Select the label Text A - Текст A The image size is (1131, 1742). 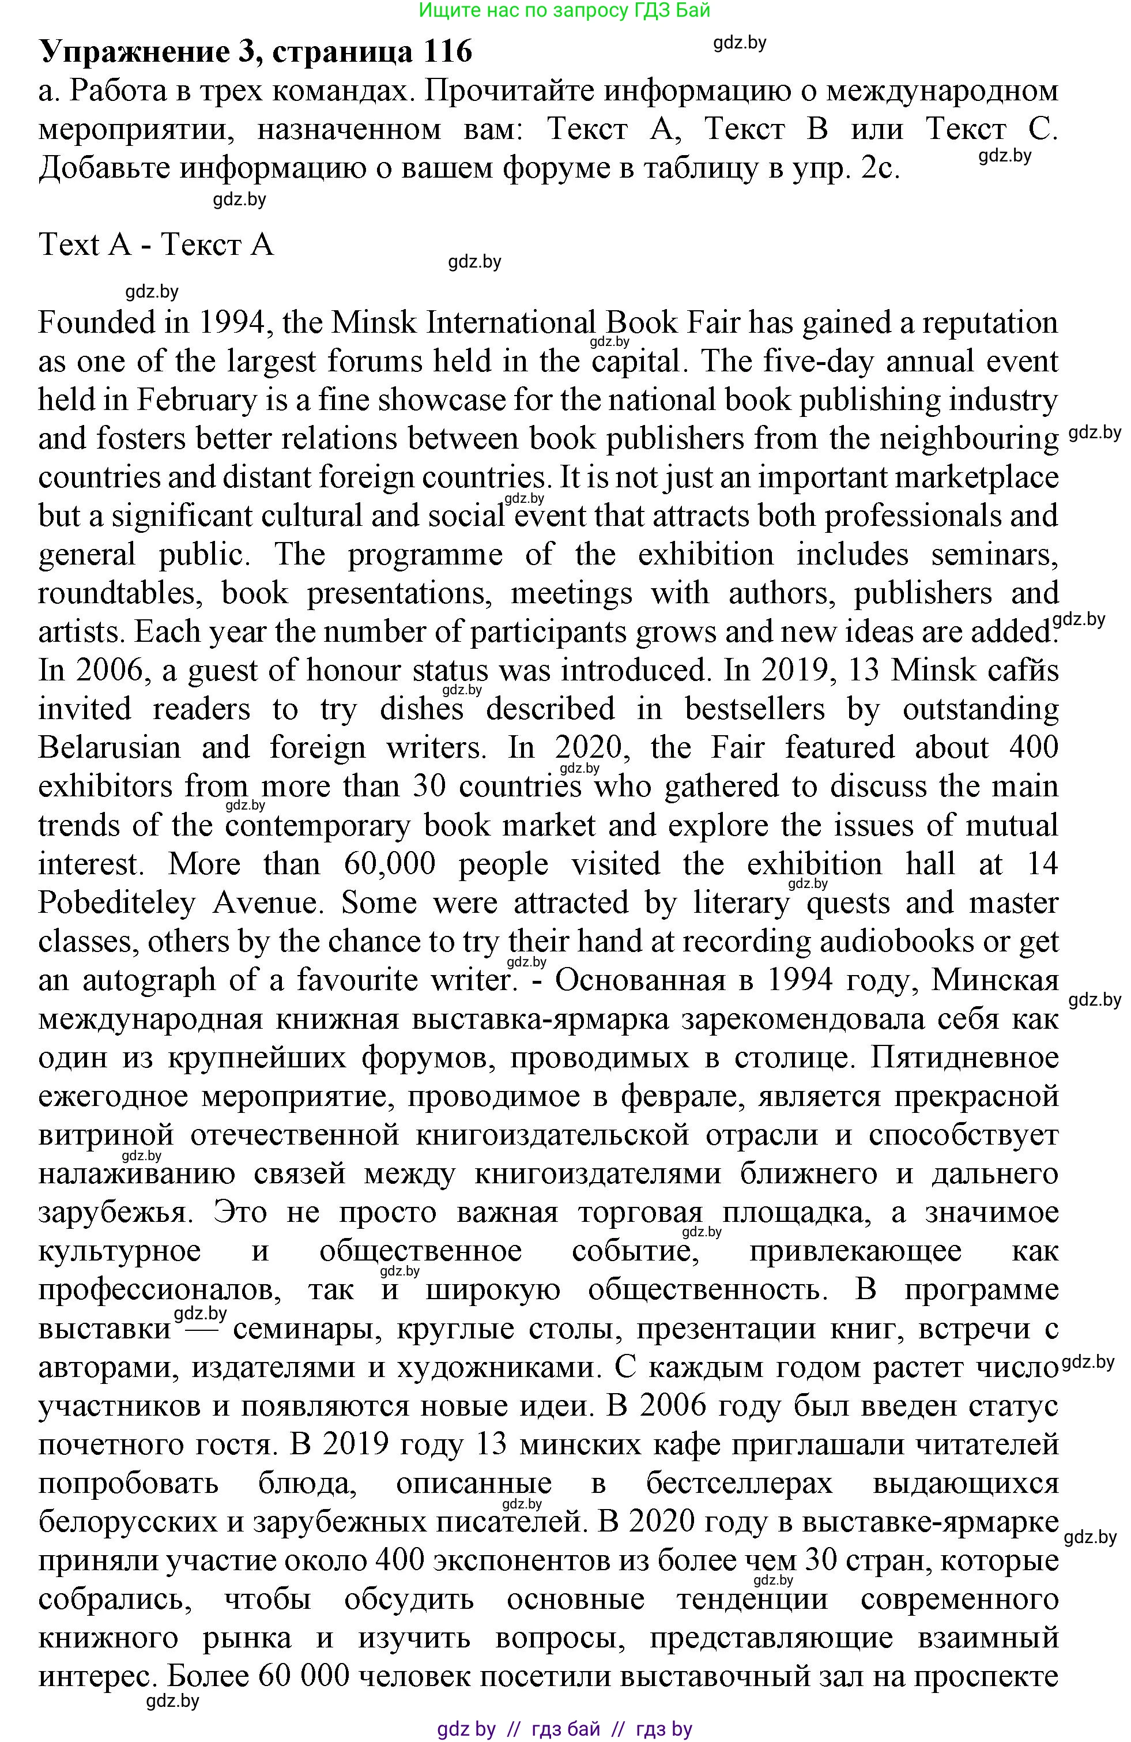(x=156, y=244)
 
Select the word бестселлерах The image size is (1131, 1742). (x=739, y=1484)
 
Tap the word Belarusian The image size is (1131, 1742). (x=110, y=748)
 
